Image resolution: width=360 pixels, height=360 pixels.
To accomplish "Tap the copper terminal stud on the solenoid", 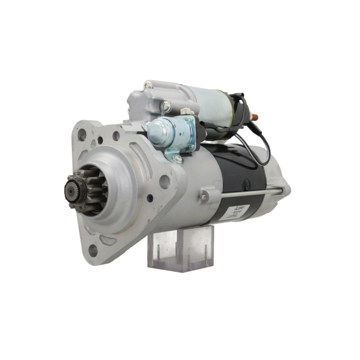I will [x=255, y=117].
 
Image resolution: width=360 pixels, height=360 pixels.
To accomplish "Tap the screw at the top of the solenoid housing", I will [x=148, y=85].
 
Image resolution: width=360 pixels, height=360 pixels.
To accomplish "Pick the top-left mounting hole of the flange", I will [x=82, y=135].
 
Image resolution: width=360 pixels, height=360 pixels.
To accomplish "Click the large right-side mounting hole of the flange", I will [x=165, y=182].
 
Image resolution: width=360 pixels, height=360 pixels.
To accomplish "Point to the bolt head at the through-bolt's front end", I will [x=204, y=197].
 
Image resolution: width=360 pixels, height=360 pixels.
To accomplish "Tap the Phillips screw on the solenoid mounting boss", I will [x=166, y=105].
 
